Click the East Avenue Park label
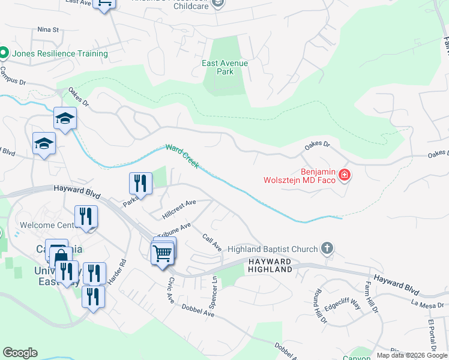coord(225,67)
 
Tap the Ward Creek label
coord(182,155)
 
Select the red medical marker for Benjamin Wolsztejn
coord(345,175)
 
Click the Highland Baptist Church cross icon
coord(327,248)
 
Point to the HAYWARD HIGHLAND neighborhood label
coord(270,266)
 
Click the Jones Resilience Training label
coord(59,53)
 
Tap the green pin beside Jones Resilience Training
coord(3,53)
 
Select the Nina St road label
coord(48,29)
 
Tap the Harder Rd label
coord(122,271)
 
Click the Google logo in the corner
coord(20,353)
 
